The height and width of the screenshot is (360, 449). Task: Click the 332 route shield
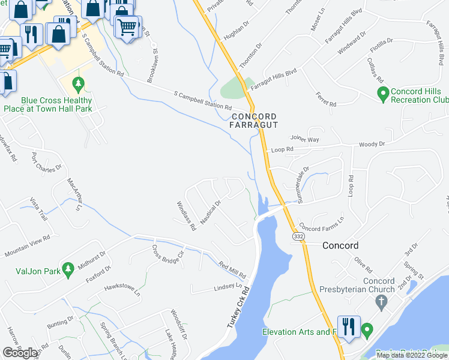pyautogui.click(x=297, y=238)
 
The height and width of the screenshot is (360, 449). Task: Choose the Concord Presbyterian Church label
pyautogui.click(x=379, y=286)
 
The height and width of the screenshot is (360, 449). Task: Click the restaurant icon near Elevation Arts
pyautogui.click(x=349, y=327)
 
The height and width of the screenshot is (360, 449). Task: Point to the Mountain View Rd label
pyautogui.click(x=27, y=247)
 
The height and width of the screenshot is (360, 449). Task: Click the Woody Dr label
pyautogui.click(x=372, y=145)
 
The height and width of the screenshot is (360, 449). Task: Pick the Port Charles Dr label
pyautogui.click(x=46, y=161)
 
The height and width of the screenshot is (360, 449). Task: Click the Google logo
pyautogui.click(x=20, y=353)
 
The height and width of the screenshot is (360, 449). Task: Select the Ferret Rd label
pyautogui.click(x=326, y=100)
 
